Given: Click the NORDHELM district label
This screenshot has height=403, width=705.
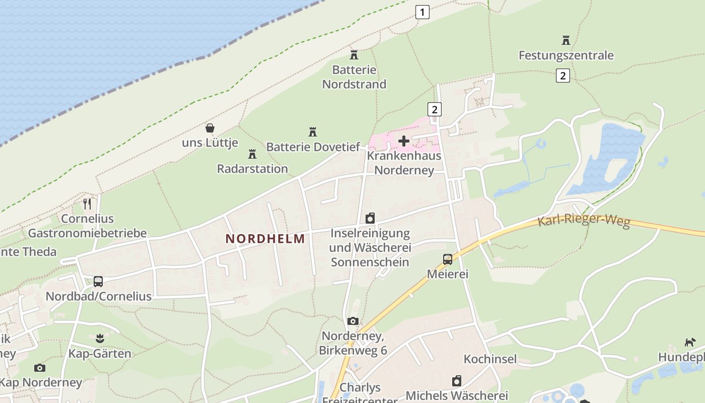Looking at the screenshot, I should click(265, 239).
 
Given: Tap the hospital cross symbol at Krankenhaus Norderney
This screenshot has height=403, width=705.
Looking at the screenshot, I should click(403, 141).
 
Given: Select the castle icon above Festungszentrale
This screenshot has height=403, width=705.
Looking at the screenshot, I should click(566, 40).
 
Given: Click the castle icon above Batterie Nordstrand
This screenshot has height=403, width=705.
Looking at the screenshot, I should click(354, 54).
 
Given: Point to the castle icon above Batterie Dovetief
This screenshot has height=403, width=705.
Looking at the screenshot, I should click(313, 132).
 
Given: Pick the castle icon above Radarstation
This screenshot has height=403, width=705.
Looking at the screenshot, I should click(252, 154).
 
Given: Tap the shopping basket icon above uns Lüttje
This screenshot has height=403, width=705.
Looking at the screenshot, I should click(210, 128).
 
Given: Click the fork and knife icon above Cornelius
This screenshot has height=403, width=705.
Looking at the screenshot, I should click(87, 204).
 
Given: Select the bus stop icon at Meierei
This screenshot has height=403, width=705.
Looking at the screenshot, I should click(447, 259).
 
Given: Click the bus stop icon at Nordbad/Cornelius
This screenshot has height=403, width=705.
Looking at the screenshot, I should click(98, 282).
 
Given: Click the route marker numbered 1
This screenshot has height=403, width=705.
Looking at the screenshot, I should click(422, 12).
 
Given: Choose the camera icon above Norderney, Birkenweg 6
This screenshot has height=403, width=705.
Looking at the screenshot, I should click(353, 321).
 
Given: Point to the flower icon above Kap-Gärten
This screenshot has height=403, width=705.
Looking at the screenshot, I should click(99, 339).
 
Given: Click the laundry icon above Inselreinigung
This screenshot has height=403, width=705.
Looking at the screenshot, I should click(370, 218).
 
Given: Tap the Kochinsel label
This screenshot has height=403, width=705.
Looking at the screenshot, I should click(490, 359).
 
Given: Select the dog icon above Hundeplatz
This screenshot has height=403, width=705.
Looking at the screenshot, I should click(689, 343).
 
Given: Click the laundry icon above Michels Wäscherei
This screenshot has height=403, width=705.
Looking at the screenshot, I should click(457, 381).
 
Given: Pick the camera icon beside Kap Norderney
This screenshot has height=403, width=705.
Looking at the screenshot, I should click(40, 368).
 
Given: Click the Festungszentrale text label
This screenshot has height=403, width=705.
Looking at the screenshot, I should click(566, 55).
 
